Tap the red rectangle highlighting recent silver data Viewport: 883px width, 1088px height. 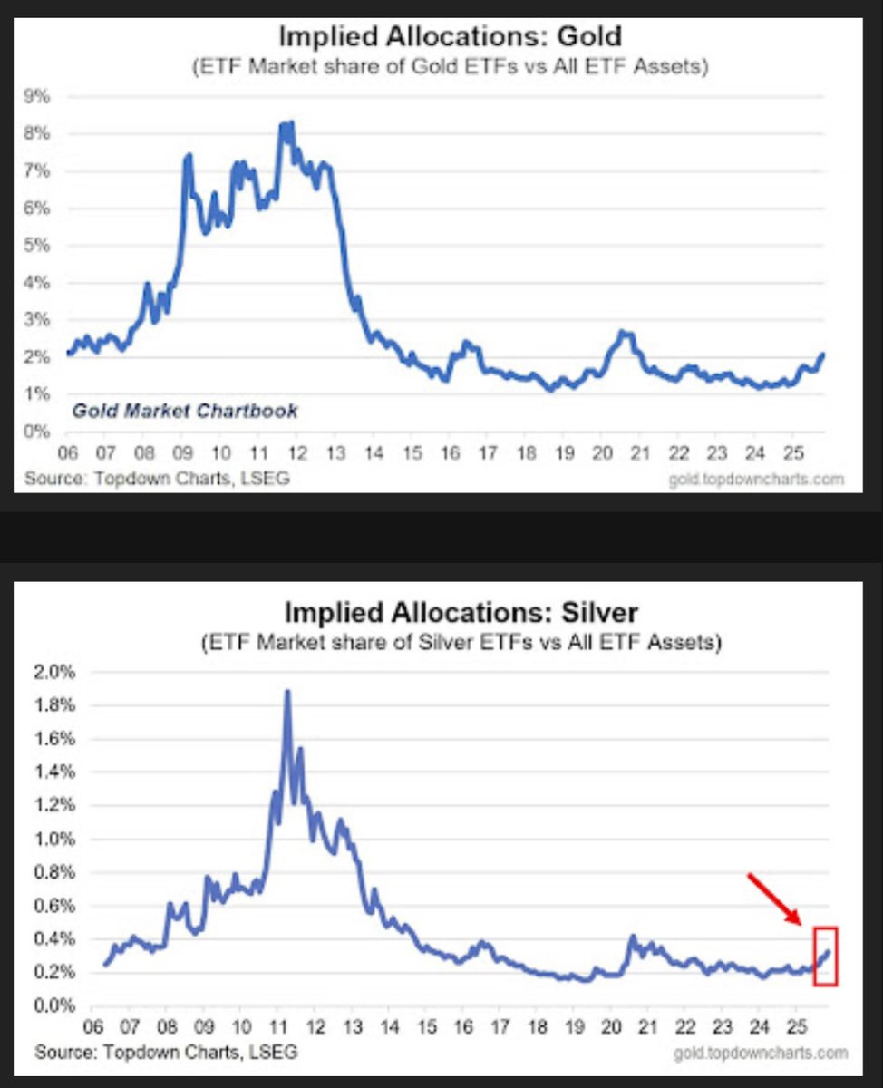click(x=825, y=956)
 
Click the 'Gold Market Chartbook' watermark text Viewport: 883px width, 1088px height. click(x=184, y=411)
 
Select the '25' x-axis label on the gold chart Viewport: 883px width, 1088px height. click(x=791, y=452)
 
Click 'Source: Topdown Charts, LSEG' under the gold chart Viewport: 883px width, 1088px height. click(x=157, y=477)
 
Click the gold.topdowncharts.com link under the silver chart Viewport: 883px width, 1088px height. click(x=761, y=1053)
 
